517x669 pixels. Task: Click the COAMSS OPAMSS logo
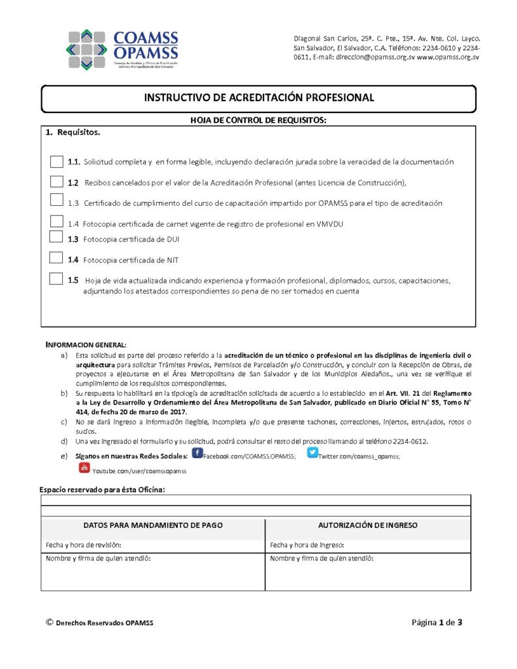[x=122, y=50]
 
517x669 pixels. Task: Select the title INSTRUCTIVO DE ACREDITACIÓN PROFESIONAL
[x=259, y=98]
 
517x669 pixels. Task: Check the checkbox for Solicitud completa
[x=57, y=161]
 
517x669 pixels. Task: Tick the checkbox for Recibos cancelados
[x=57, y=182]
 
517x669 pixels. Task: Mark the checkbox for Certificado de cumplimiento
[x=57, y=201]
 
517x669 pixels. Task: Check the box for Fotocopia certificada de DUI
[x=57, y=238]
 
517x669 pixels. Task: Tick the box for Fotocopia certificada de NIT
[x=57, y=259]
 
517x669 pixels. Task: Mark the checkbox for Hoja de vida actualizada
[x=57, y=279]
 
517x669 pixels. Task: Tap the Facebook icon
[x=197, y=453]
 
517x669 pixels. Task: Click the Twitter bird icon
[x=312, y=452]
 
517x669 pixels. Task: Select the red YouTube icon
[x=84, y=468]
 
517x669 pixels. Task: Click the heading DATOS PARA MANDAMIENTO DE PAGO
[x=154, y=525]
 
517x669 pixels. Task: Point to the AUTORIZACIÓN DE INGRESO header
[x=368, y=525]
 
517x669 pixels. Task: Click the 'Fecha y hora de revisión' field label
[x=84, y=545]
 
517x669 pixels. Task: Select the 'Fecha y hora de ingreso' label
[x=307, y=545]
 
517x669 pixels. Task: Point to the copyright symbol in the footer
[x=49, y=623]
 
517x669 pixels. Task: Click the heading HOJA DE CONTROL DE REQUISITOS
[x=258, y=120]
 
